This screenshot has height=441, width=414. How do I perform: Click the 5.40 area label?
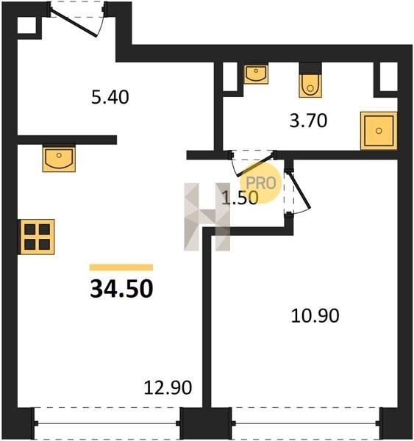[x=110, y=97]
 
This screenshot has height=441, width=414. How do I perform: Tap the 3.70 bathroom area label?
[x=308, y=121]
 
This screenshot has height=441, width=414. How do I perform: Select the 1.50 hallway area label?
[x=240, y=197]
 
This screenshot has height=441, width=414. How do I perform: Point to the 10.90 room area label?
[x=315, y=315]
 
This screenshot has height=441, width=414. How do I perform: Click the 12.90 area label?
[x=168, y=387]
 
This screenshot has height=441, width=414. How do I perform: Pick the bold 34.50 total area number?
[x=121, y=289]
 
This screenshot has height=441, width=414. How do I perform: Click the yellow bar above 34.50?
[x=121, y=268]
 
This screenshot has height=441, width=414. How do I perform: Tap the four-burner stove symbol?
[x=37, y=237]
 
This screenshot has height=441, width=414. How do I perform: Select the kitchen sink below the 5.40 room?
[x=59, y=158]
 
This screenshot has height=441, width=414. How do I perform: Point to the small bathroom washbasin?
[x=256, y=74]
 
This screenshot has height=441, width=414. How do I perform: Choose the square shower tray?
[x=379, y=131]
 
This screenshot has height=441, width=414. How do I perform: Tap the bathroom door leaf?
[x=255, y=165]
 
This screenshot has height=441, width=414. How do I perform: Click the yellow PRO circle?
[x=261, y=183]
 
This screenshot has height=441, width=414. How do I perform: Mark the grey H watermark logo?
[x=207, y=217]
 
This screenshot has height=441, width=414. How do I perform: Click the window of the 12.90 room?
[x=107, y=423]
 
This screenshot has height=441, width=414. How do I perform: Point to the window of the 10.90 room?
[x=305, y=423]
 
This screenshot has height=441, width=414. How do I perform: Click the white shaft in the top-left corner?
[x=26, y=25]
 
